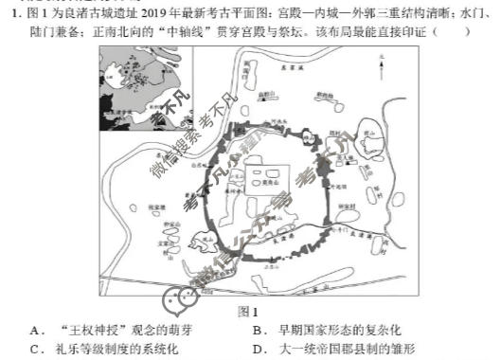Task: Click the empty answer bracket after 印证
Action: [x=451, y=31]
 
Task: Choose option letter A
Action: [x=35, y=330]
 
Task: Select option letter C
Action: [x=35, y=348]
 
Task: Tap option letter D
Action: [x=258, y=348]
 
